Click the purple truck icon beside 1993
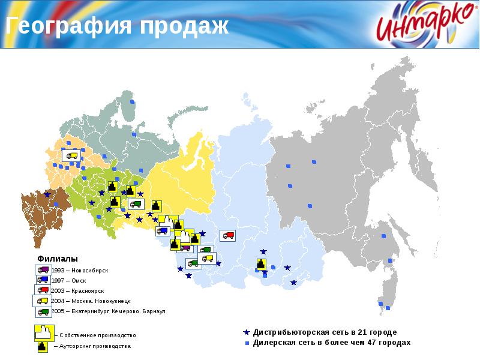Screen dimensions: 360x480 point(43,270)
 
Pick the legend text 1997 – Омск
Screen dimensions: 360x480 point(71,280)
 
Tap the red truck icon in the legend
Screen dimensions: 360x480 point(43,291)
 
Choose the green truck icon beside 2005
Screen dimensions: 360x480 point(43,312)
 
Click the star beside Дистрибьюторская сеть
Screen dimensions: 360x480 point(246,332)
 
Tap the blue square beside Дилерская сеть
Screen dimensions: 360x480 point(247,343)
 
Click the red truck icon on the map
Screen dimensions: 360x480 point(227,235)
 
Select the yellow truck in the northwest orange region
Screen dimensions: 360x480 point(73,155)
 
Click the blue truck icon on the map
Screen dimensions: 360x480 point(163,230)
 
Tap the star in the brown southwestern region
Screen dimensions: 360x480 point(47,194)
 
